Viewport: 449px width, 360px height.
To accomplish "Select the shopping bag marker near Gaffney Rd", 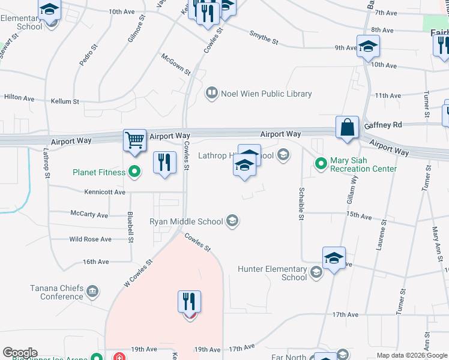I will click(347, 127).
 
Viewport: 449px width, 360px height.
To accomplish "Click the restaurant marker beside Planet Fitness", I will click(164, 162).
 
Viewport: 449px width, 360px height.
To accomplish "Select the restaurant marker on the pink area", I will click(189, 302).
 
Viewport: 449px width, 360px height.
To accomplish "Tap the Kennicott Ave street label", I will click(105, 193).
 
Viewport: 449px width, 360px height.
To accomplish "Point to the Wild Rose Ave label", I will click(90, 239).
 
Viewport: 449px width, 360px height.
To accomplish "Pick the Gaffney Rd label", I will click(382, 125).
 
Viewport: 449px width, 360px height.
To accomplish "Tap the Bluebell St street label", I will click(130, 227).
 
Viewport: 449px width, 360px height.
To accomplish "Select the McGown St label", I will click(176, 64).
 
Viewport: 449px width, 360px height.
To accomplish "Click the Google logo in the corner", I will click(20, 353).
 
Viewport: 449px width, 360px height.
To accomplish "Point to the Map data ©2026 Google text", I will click(411, 355).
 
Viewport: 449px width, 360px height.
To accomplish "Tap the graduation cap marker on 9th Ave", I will click(368, 46).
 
